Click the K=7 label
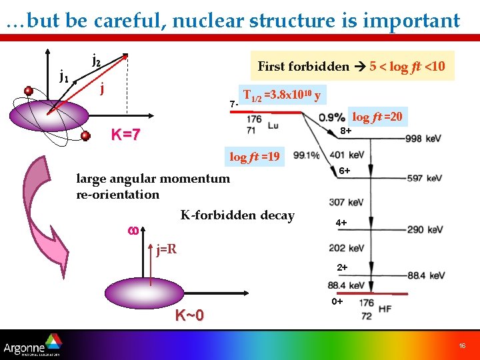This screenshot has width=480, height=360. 125,135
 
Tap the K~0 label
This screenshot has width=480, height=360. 189,315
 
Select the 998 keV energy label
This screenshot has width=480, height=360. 423,139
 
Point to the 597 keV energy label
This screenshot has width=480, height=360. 424,178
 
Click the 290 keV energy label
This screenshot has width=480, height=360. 424,229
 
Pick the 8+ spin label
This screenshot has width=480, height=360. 346,131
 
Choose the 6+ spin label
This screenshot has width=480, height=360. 345,171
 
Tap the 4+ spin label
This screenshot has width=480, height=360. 341,222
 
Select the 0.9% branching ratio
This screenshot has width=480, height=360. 332,117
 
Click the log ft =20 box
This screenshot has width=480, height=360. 377,117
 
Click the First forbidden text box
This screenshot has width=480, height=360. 351,66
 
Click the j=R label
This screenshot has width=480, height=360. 166,251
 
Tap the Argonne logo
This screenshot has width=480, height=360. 33,346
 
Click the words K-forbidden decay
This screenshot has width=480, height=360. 237,215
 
